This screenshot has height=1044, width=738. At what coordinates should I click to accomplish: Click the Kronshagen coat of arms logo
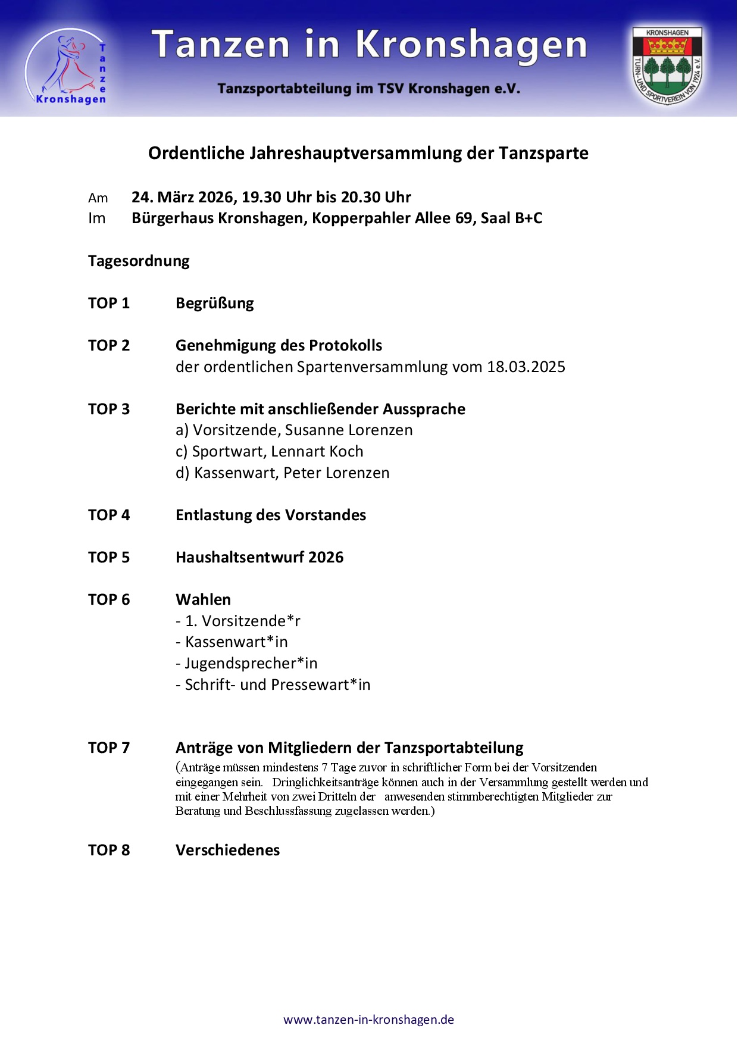tap(667, 66)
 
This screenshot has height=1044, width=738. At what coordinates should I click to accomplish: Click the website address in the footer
tap(368, 1020)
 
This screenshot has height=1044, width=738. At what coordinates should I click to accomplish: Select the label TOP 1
tap(109, 304)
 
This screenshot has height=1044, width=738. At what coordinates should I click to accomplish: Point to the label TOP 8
tap(109, 850)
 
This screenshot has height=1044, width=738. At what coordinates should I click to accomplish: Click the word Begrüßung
tap(215, 304)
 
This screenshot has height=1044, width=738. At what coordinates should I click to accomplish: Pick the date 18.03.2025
tap(526, 367)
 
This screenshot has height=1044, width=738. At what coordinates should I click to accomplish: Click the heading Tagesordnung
tap(139, 261)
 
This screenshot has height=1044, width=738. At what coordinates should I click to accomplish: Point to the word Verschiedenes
tap(227, 850)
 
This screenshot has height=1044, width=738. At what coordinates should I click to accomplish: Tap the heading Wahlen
tap(203, 600)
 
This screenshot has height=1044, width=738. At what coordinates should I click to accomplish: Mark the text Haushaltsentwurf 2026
tap(259, 558)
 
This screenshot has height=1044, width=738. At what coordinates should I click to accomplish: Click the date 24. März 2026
tap(182, 197)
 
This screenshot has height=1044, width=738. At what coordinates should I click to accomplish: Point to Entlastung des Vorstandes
tap(271, 515)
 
